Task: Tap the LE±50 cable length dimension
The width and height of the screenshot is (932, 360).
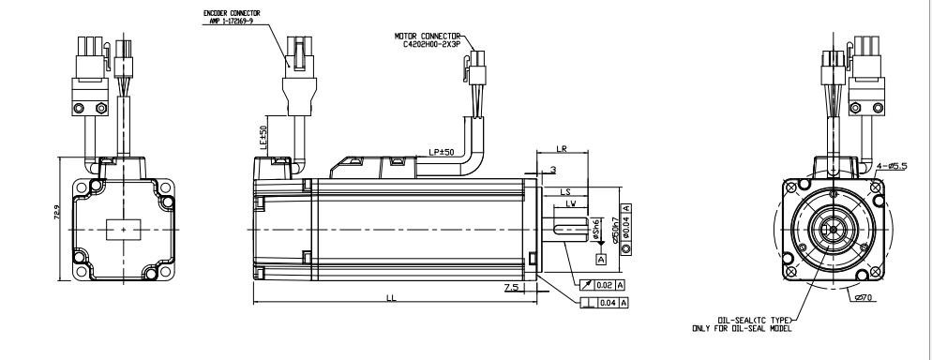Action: point(265,135)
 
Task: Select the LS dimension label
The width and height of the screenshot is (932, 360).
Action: point(567,191)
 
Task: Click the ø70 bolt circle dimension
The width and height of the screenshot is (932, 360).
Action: point(864,297)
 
